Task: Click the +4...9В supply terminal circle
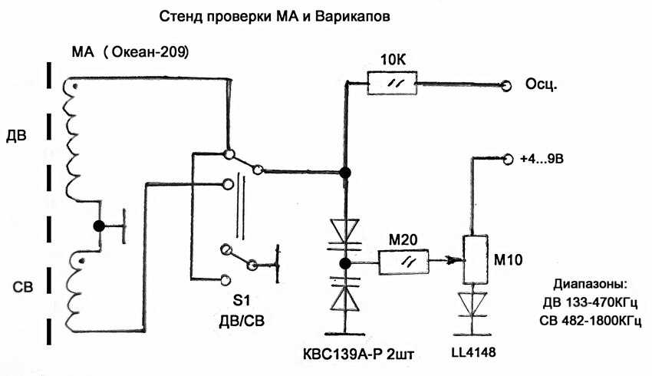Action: pos(506,159)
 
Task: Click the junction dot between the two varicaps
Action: pos(345,263)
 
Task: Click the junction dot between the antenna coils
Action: pos(98,226)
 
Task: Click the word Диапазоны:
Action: pos(588,285)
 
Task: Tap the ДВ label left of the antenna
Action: pos(16,137)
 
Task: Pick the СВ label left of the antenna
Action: pos(16,290)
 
